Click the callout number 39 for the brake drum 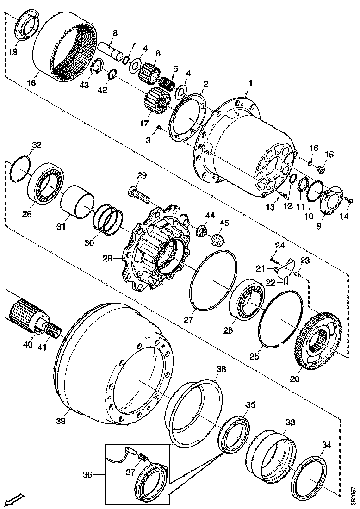coord(61,421)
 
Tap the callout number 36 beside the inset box coord(87,474)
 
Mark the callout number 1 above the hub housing coord(250,83)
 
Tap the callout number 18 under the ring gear coord(31,83)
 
